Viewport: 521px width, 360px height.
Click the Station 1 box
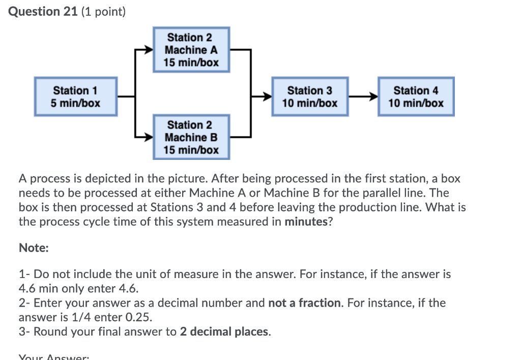point(76,96)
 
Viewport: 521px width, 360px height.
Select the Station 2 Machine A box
point(191,50)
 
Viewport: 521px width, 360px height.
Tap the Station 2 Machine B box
point(191,137)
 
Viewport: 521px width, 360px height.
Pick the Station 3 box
point(309,96)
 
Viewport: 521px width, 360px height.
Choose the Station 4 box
point(415,96)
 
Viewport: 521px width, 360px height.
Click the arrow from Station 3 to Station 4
point(363,96)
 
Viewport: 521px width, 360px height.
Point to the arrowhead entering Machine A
point(149,50)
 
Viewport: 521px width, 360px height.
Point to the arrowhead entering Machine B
point(149,137)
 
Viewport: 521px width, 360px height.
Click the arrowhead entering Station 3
point(267,96)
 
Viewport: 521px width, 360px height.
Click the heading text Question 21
point(42,11)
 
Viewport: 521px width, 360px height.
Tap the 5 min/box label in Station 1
point(76,103)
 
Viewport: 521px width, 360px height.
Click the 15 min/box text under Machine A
point(191,63)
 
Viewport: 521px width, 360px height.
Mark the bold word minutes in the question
point(305,221)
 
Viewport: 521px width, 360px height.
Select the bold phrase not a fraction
point(304,303)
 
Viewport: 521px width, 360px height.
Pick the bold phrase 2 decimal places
point(225,332)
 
